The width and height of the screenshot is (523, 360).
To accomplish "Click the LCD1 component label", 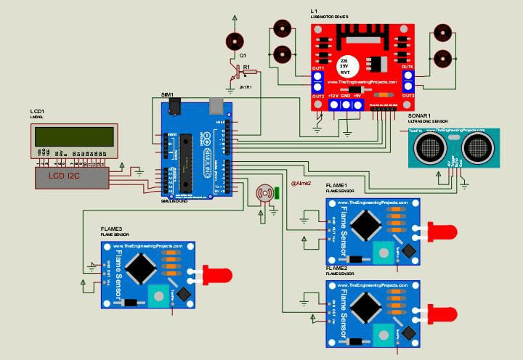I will pos(37,114).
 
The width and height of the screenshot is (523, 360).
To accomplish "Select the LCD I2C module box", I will pos(72,176).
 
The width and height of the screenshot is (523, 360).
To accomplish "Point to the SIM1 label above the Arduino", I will pos(168,95).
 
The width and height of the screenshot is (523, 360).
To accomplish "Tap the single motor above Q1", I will pos(234,41).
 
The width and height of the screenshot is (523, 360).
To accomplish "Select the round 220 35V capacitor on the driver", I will pos(344,64).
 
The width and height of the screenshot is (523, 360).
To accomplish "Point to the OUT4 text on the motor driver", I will pos(408,66).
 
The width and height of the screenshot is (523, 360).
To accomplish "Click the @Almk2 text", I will pos(301,183).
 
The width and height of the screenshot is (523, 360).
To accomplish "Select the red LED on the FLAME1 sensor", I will pos(444,232).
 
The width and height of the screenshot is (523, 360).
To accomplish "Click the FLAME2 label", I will pos(337,268).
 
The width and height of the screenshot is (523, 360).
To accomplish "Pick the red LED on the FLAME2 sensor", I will pos(444,314).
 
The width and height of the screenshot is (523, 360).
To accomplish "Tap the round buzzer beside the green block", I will pos(262,194).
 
